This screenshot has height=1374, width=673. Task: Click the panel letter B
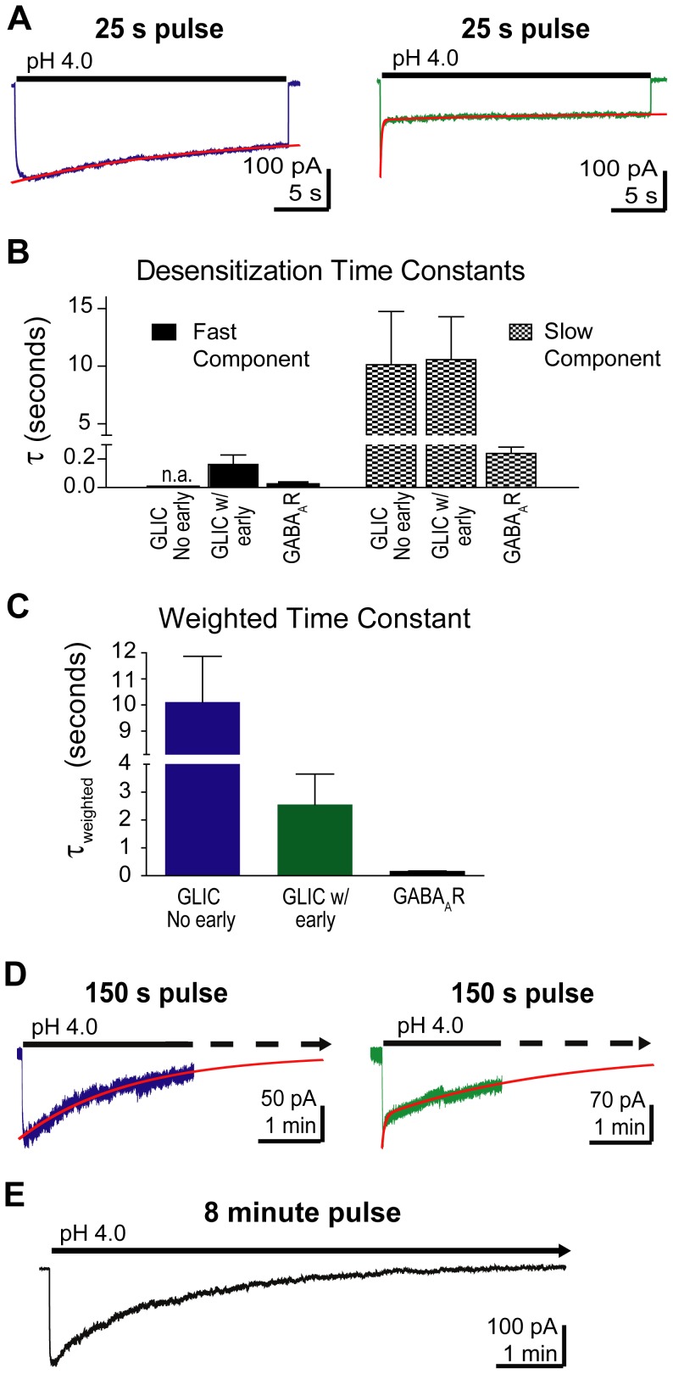(x=19, y=251)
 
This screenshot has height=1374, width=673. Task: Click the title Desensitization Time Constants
(x=331, y=271)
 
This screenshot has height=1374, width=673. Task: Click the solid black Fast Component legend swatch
(x=164, y=332)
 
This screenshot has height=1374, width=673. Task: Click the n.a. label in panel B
(x=176, y=474)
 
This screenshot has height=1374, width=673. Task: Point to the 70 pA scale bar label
(x=617, y=1101)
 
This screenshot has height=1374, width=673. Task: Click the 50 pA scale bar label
(x=288, y=1099)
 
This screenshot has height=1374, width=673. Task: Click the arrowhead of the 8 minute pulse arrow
(x=564, y=1251)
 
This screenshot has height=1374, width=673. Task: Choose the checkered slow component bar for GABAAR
(x=511, y=469)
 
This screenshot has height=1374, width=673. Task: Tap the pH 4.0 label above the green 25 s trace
(x=425, y=59)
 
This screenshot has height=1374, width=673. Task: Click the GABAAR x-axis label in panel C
(x=428, y=897)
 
